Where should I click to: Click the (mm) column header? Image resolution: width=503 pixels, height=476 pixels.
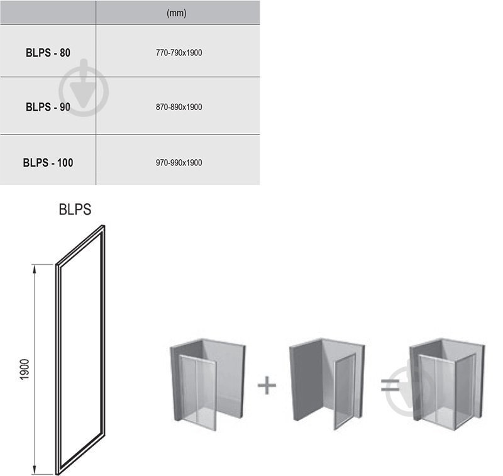176,13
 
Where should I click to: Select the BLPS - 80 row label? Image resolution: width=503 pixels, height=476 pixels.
48,53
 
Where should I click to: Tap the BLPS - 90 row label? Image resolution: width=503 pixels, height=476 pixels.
48,107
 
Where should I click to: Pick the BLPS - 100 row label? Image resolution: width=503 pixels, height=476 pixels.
48,163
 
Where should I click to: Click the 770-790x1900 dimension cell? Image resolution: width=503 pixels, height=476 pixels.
179,53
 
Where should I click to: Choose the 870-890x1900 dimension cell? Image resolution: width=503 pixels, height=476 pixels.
179,107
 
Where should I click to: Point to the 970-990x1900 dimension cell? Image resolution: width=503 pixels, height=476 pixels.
179,163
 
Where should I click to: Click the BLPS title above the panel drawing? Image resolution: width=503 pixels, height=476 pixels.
75,209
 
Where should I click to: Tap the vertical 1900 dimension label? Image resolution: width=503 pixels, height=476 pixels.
25,370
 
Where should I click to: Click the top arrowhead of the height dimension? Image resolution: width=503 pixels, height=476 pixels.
35,268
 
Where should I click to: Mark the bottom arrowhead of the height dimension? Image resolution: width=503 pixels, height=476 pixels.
35,470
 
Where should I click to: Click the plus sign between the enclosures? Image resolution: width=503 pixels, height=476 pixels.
267,385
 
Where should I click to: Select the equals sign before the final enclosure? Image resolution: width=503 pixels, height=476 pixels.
390,385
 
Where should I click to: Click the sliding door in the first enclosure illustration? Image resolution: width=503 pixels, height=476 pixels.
198,392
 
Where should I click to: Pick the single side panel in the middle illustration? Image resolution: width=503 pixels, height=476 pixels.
345,390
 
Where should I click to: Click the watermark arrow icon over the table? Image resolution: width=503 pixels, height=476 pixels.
84,88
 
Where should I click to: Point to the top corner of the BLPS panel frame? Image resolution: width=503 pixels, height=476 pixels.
104,226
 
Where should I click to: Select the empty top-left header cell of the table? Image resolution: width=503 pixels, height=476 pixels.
48,12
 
